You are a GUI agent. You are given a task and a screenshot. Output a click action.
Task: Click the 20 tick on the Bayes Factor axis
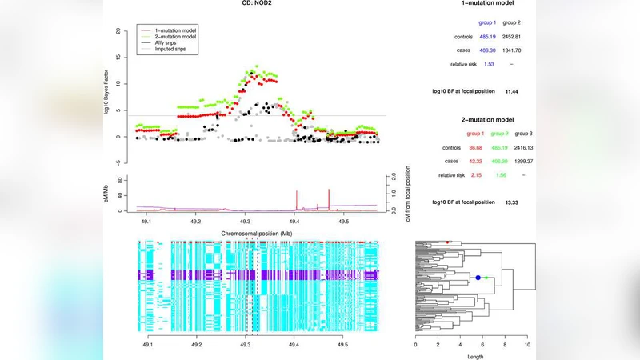118,31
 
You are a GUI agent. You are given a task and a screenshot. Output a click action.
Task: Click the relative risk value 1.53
489,63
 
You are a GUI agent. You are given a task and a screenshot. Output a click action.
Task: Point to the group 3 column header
523,134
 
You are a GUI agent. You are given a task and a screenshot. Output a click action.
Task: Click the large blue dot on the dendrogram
478,278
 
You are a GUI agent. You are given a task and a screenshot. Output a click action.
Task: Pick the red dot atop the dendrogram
448,242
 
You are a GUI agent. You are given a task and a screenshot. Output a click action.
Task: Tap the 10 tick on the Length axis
527,346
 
